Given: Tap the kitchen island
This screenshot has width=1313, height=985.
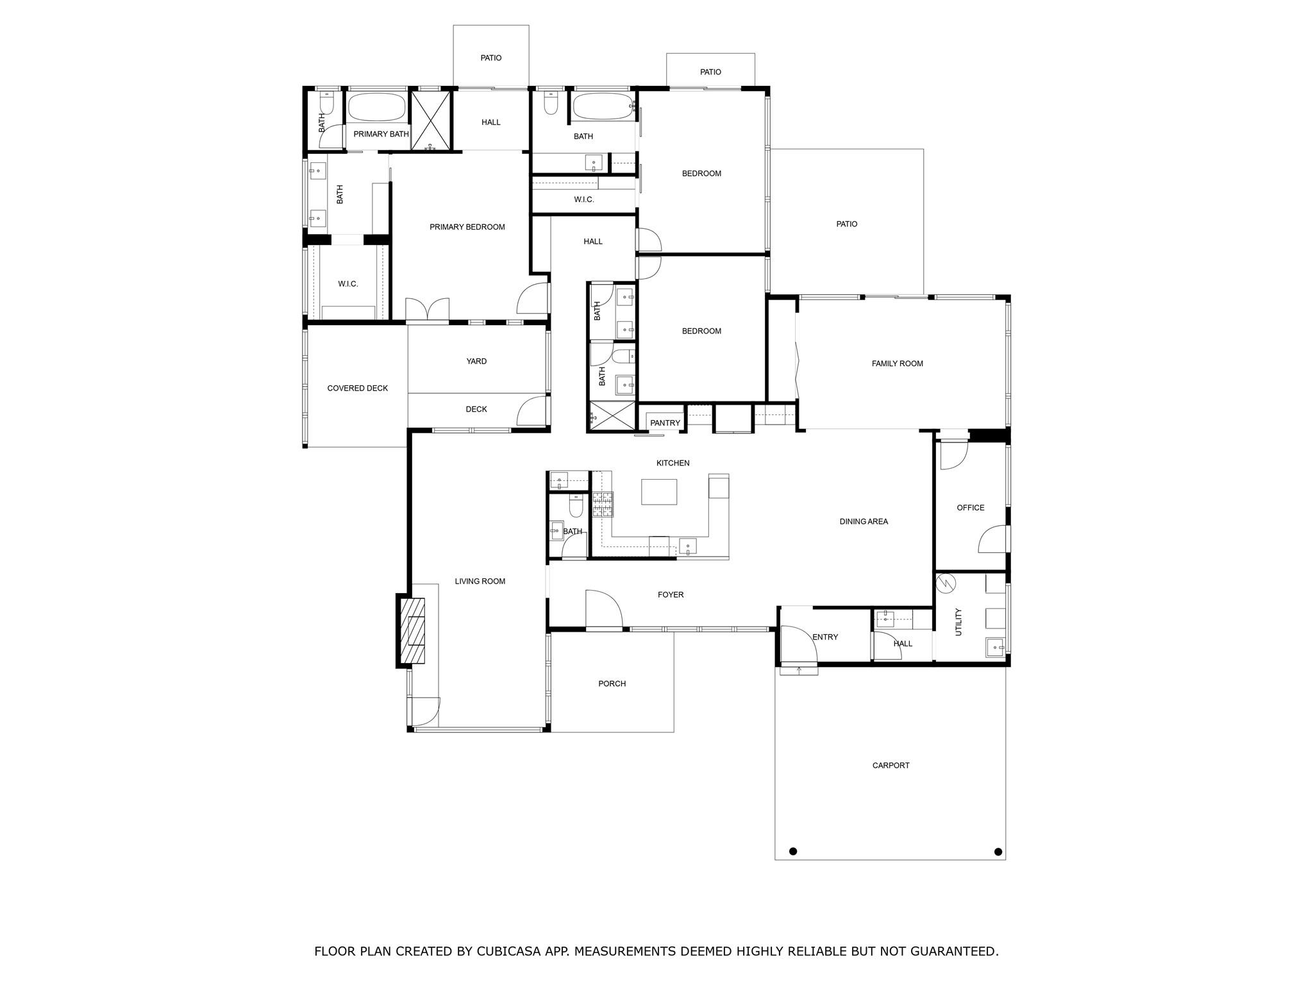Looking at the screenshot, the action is (659, 492).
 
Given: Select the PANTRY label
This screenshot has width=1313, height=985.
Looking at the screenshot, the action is (665, 423).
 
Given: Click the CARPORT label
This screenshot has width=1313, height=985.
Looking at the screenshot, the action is (891, 766).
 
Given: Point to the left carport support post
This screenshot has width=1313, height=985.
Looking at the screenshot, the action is (793, 852).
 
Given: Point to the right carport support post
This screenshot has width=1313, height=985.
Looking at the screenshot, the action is (998, 852).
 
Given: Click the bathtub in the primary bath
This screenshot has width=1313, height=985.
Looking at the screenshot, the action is (376, 107).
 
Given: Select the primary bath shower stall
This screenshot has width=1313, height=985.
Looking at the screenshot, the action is (431, 121).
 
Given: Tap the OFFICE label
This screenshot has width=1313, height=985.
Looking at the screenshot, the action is (970, 508).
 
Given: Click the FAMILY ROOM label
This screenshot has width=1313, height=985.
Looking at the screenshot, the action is (897, 364).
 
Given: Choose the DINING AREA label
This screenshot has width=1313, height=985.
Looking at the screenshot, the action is (864, 522).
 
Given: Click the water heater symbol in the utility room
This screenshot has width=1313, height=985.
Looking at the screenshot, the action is (946, 583).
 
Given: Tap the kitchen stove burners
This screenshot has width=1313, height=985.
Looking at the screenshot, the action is (603, 505).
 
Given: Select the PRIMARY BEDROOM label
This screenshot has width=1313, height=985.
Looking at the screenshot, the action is (467, 227).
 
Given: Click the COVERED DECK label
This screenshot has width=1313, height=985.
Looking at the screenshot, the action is (357, 389).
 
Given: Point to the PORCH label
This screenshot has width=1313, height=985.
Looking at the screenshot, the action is (612, 684).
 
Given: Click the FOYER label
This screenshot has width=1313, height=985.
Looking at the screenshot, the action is (671, 595).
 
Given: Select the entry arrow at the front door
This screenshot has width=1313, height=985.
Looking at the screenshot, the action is (799, 671).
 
